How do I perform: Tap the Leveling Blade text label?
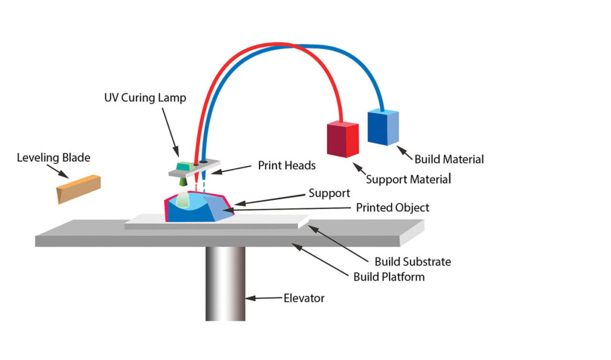pyautogui.click(x=53, y=158)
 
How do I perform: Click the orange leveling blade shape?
pyautogui.click(x=78, y=188)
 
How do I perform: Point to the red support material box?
pyautogui.click(x=342, y=139)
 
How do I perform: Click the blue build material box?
pyautogui.click(x=383, y=127)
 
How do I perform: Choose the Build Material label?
pyautogui.click(x=449, y=159)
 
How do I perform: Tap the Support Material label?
pyautogui.click(x=408, y=179)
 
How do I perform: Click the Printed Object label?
pyautogui.click(x=393, y=208)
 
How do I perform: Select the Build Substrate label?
pyautogui.click(x=413, y=261)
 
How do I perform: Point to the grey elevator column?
pyautogui.click(x=226, y=284)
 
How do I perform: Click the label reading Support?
pyautogui.click(x=329, y=193)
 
